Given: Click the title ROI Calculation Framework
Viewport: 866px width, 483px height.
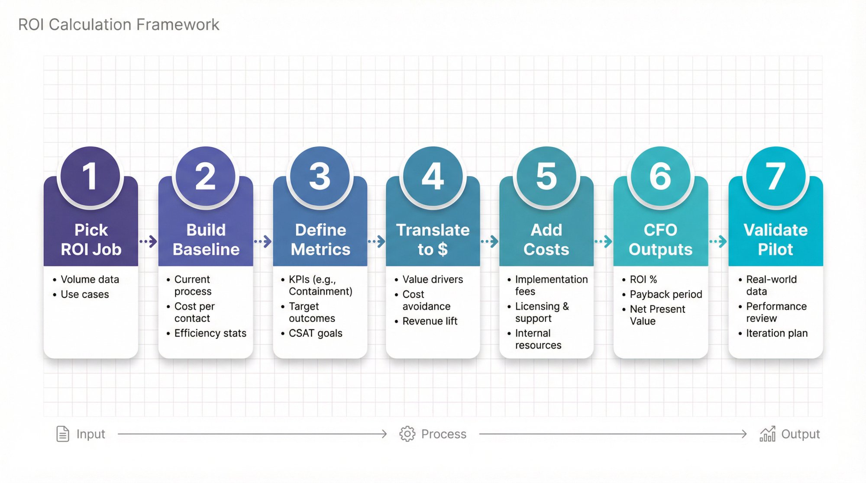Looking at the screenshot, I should [x=119, y=25].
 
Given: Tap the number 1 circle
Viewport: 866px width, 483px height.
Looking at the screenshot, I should [x=90, y=176].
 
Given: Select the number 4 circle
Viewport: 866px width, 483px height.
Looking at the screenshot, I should [x=433, y=176].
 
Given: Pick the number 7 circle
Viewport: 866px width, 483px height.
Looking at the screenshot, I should [x=776, y=176].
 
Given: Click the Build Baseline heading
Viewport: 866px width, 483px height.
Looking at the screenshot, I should [x=206, y=240].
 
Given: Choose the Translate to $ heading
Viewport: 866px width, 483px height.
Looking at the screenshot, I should [x=433, y=240].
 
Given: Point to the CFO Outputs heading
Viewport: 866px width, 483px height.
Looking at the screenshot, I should [x=660, y=240].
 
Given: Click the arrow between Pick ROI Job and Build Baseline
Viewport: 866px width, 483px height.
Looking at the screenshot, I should [x=148, y=241].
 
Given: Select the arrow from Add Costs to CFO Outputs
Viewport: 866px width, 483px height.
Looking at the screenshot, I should [x=603, y=241].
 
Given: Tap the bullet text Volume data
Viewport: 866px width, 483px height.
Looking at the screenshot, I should [x=90, y=280].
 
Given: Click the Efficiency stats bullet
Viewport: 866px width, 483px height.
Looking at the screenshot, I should [x=210, y=333].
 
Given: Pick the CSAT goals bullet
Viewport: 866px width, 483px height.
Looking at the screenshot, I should [x=315, y=333].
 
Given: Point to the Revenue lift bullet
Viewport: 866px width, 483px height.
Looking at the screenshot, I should [x=430, y=321].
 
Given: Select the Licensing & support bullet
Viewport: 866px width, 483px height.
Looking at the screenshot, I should [x=541, y=312].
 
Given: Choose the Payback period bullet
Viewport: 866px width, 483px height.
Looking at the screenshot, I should [x=666, y=294].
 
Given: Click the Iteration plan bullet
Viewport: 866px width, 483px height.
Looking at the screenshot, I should [x=776, y=333].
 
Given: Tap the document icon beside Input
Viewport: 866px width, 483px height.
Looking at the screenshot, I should [x=63, y=434].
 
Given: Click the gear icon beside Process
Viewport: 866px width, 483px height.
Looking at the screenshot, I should [x=407, y=434].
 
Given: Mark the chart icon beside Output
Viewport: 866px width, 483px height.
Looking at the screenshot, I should [x=768, y=434].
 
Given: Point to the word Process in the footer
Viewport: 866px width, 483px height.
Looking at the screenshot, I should [x=443, y=434].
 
